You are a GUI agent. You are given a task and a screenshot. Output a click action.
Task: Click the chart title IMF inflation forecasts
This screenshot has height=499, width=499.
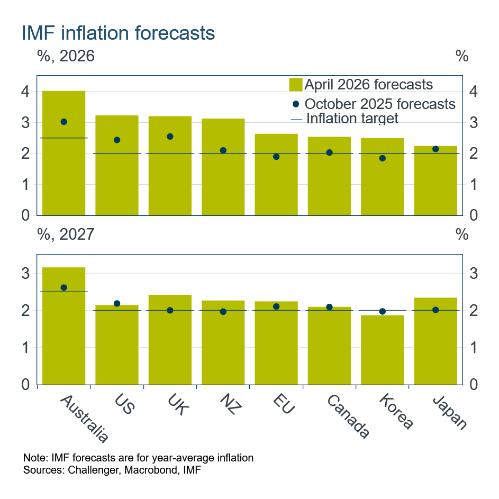coord(118,33)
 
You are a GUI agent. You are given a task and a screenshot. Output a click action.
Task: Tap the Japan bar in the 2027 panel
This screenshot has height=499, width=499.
coord(436,344)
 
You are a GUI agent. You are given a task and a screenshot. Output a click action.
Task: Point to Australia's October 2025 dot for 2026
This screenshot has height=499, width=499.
coord(64,122)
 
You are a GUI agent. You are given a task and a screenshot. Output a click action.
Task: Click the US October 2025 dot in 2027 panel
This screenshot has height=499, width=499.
coord(117,304)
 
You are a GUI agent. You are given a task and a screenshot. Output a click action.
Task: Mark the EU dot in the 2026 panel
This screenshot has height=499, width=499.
coord(276,157)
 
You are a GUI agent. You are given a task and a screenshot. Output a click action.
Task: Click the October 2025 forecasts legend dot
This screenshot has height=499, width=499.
coord(296,104)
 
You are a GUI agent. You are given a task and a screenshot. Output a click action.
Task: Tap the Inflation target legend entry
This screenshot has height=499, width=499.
coord(344,119)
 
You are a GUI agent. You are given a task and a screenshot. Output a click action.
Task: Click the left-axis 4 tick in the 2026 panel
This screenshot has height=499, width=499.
coord(25,92)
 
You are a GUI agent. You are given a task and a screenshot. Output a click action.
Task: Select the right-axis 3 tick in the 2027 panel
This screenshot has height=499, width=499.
coord(475,274)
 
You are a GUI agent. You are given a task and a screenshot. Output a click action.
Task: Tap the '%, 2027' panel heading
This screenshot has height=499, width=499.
coord(66,234)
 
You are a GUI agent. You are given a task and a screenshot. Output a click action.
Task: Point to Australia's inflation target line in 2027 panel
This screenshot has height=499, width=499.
coord(64,292)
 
